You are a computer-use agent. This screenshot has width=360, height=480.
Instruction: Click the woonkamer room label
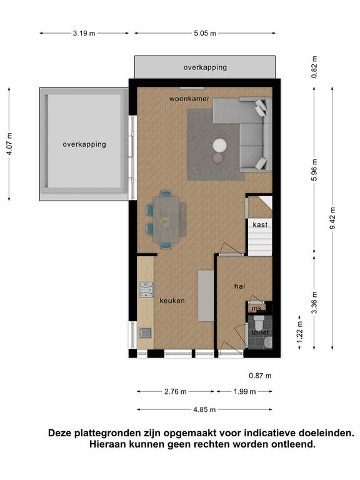coord(189,99)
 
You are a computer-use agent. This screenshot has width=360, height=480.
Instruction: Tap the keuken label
coord(172,301)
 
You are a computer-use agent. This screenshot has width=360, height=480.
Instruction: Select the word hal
coord(240,286)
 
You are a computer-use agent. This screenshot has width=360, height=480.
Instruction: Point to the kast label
coord(260,225)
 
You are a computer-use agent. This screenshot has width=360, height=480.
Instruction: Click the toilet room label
coord(260,332)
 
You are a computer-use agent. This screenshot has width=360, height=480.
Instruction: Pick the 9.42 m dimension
coord(333,217)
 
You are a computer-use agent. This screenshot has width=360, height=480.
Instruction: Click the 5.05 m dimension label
coord(205,33)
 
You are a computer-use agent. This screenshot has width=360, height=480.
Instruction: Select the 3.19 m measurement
coord(84,33)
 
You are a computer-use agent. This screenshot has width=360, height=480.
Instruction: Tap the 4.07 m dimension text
coord(9,144)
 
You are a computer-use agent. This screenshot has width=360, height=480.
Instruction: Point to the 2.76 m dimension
coord(176,391)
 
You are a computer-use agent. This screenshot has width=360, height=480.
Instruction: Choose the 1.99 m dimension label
coord(244,391)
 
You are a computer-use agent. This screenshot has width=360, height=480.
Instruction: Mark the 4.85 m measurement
coord(204,409)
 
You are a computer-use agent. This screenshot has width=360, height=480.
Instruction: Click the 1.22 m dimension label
coord(300,332)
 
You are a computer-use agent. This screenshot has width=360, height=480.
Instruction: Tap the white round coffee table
coord(220,145)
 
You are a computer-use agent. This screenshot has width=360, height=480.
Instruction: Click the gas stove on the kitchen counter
coord(147,290)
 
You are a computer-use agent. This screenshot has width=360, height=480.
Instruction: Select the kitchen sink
coord(145,332)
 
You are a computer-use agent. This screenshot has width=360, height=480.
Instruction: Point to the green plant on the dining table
coord(165,222)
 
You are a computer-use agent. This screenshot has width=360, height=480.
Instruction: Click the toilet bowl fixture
coord(259,322)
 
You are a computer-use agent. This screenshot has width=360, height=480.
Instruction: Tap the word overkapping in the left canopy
coord(84,144)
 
